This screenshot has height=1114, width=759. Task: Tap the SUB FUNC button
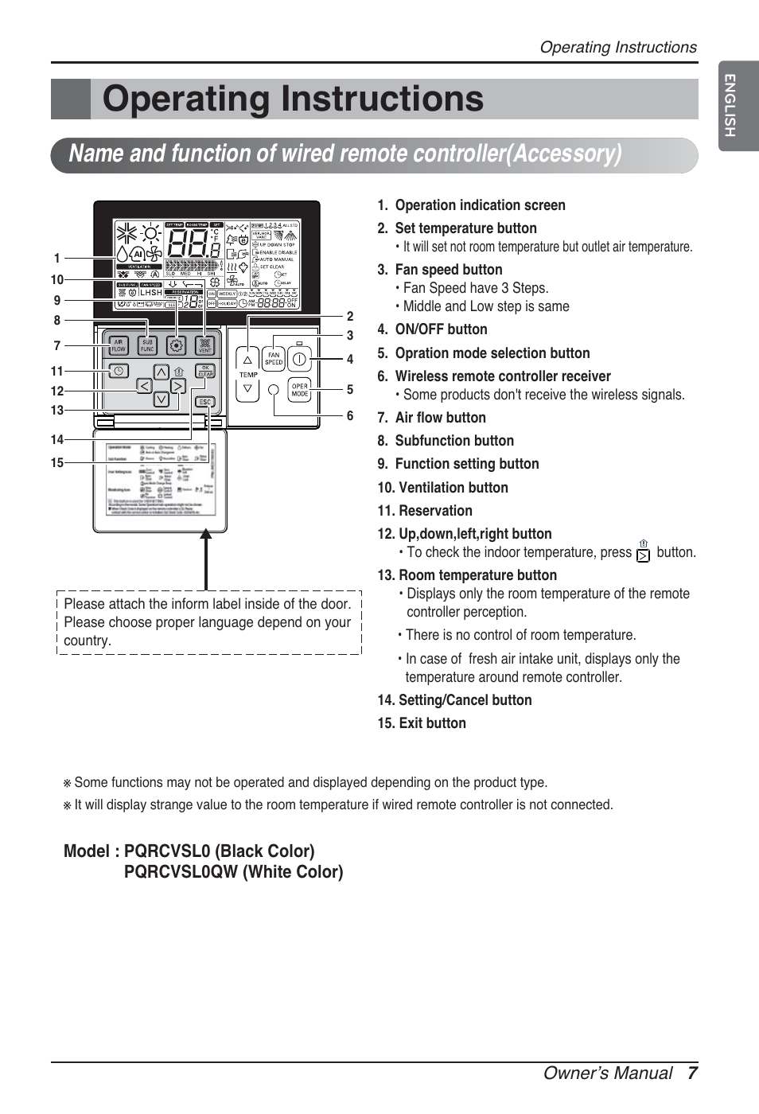147,345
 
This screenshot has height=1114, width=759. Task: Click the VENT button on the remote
205,345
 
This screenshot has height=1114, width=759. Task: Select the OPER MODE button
299,390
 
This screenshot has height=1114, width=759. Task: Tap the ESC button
205,402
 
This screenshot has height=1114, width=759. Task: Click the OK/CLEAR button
205,371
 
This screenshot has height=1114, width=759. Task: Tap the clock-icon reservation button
119,371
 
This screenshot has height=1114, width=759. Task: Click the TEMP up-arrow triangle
248,360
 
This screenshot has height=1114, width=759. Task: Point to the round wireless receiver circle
274,390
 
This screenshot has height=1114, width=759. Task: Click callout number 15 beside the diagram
57,462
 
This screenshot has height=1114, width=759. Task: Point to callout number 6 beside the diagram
349,415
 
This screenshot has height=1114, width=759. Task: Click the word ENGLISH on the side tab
730,105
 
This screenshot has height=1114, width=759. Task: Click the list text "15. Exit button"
422,723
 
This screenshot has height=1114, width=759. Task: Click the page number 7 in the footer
692,1073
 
